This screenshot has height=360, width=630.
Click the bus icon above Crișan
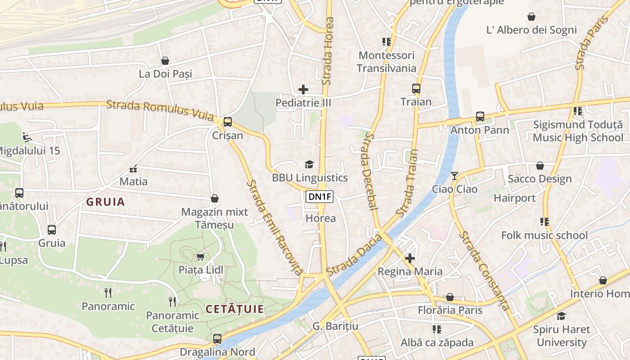coord(228,121)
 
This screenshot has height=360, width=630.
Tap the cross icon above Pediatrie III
coord(303,90)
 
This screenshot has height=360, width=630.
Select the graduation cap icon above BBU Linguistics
coord(309,164)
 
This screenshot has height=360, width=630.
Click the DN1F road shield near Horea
coord(319,196)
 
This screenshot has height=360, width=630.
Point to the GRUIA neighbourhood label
coord(106,202)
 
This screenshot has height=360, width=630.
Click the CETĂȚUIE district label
coord(234,309)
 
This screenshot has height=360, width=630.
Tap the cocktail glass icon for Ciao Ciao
coord(454,175)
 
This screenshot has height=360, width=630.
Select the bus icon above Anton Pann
coord(480,117)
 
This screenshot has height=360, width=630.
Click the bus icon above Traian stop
coord(416,89)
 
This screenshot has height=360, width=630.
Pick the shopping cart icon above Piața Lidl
coord(200,256)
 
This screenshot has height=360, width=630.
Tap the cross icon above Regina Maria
coord(409,258)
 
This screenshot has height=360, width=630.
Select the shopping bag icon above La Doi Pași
coord(165,61)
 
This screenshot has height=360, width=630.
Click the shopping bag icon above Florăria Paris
coord(450,297)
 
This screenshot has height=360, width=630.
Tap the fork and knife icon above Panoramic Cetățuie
coord(172,301)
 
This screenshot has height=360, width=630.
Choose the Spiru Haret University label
coord(561,336)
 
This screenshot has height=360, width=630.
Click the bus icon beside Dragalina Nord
coord(217,338)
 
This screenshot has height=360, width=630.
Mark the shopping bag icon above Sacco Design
coord(540,166)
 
